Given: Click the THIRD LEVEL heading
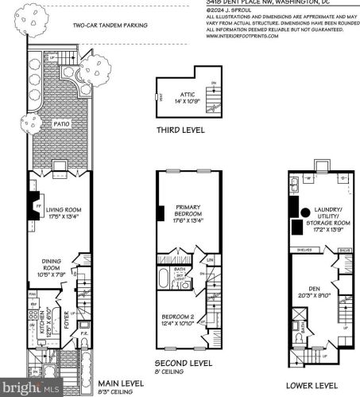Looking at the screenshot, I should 180,130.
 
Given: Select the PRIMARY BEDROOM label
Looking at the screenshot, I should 188,214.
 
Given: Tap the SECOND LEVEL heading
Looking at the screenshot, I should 183,362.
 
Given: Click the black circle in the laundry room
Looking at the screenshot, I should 305,212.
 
